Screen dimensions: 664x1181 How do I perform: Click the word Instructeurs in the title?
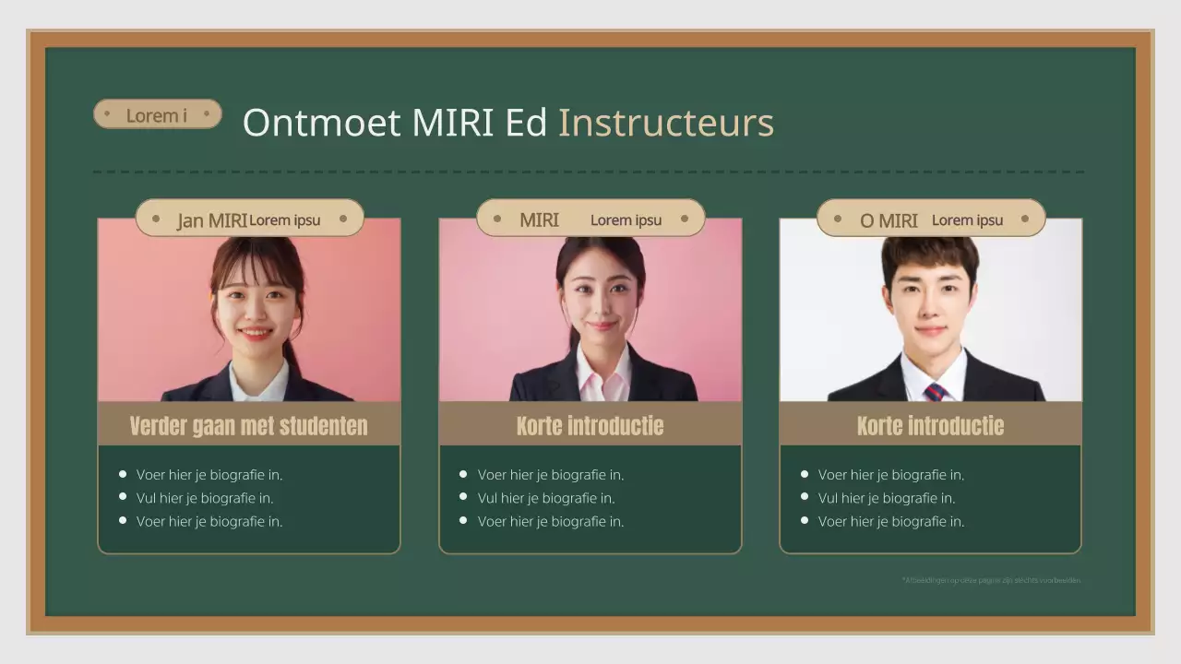(x=665, y=123)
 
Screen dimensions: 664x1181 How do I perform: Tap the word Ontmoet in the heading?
(x=321, y=123)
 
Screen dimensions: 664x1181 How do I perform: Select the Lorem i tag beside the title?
(x=157, y=114)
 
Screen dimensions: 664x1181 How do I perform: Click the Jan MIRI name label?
(x=212, y=220)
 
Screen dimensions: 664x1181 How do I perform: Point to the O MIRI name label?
(x=889, y=220)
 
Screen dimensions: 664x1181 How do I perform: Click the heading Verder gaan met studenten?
(x=248, y=425)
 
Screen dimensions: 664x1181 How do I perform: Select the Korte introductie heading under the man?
(x=930, y=425)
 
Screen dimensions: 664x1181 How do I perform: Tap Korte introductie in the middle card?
(x=590, y=425)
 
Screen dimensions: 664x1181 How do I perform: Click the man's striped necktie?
(x=935, y=392)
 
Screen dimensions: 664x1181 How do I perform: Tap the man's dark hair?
(x=929, y=253)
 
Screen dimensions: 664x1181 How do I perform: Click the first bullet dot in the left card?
(x=123, y=474)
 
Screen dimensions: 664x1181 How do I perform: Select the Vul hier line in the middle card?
(x=545, y=498)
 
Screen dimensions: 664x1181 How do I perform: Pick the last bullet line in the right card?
(x=890, y=521)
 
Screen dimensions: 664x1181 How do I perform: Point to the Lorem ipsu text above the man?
(x=967, y=220)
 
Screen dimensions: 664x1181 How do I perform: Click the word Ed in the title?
(x=526, y=123)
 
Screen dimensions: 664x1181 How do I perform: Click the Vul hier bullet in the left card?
(x=205, y=498)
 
